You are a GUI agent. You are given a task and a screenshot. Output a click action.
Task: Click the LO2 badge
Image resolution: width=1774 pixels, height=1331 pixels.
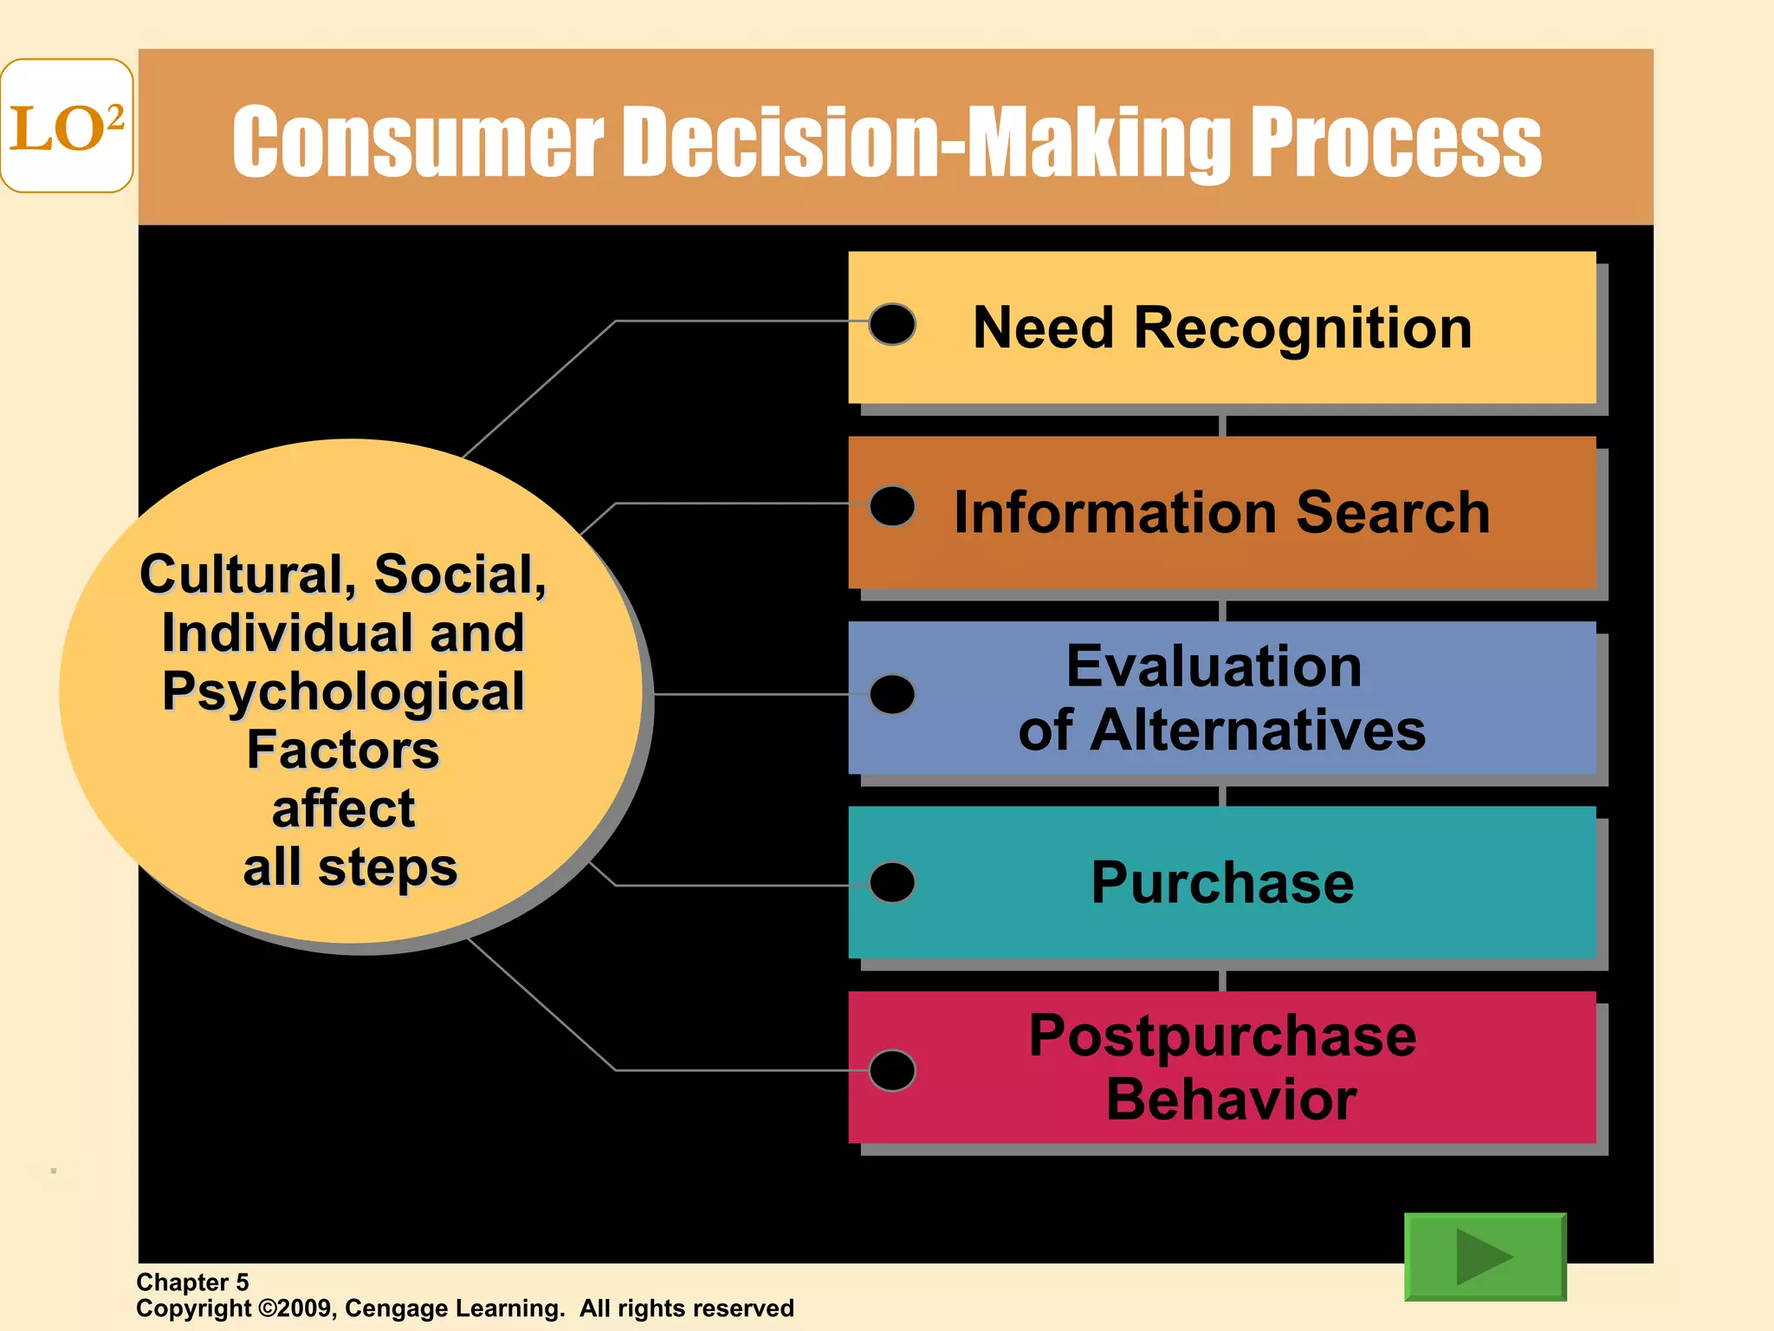click(x=67, y=126)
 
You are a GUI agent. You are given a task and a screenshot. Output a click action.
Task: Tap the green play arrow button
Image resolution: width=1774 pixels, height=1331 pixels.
click(x=1485, y=1256)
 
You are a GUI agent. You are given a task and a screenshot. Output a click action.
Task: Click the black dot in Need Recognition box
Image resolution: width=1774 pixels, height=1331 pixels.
click(x=892, y=324)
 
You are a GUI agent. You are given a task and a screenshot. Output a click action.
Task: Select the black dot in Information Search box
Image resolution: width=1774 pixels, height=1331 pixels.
click(x=892, y=506)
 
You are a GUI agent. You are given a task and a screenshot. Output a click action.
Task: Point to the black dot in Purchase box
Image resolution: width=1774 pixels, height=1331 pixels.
click(x=892, y=882)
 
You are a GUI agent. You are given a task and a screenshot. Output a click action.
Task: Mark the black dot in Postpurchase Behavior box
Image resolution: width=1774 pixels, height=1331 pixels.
click(x=892, y=1070)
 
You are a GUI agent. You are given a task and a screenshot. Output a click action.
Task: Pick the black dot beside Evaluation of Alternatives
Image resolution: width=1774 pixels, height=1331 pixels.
click(x=892, y=694)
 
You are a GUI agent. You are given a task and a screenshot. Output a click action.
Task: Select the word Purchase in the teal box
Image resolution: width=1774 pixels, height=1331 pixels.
click(x=1222, y=883)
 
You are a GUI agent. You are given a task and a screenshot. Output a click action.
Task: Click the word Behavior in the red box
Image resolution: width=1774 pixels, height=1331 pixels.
click(x=1231, y=1100)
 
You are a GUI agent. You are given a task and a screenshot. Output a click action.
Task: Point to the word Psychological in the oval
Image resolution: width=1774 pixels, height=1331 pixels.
click(x=343, y=692)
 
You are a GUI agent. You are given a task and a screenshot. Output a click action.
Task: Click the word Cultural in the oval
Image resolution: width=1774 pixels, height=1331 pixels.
click(x=243, y=574)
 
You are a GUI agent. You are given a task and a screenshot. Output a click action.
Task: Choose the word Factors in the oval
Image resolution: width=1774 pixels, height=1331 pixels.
click(x=343, y=750)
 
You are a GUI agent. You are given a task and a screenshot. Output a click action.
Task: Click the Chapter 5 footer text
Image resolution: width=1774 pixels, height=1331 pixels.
click(x=192, y=1282)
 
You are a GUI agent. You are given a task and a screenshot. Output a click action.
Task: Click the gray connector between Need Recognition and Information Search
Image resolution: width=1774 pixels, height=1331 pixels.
click(x=1222, y=425)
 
